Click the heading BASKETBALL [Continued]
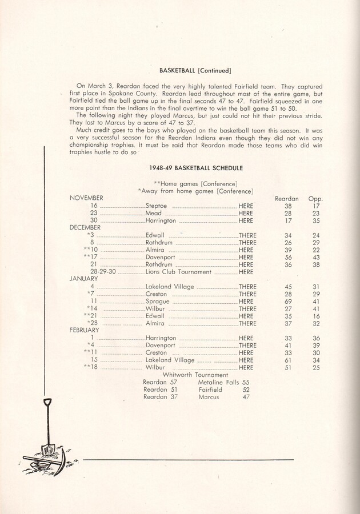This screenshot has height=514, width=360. coord(195,71)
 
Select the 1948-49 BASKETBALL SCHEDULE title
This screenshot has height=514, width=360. coord(195,168)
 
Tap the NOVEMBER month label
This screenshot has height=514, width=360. coord(86,198)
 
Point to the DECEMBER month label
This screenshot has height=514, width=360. coord(85,227)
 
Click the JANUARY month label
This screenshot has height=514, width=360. coord(83,279)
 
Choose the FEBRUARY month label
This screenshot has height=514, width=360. coord(85,330)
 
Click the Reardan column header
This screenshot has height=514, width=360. coord(287,198)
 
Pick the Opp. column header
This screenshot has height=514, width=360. coord(315,198)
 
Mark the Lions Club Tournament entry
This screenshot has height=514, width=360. coord(178,272)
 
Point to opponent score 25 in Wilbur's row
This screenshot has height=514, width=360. coord(316,368)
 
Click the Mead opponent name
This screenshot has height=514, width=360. coord(154,213)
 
